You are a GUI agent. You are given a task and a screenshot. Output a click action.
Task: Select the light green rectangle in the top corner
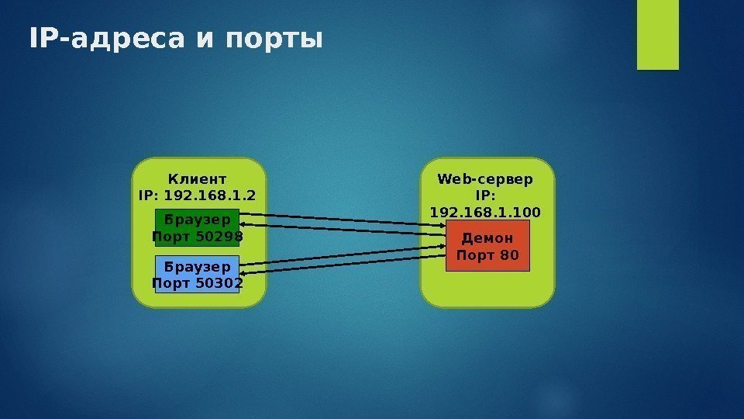pyautogui.click(x=657, y=34)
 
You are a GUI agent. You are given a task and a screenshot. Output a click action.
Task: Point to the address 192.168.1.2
pyautogui.click(x=208, y=195)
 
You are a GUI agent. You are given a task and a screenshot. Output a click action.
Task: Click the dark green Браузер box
pyautogui.click(x=198, y=227)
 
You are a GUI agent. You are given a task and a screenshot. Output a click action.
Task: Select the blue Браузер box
pyautogui.click(x=198, y=274)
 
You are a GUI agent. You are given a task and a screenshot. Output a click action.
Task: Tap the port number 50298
pyautogui.click(x=218, y=236)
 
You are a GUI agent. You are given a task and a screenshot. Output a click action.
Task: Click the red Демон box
pyautogui.click(x=487, y=245)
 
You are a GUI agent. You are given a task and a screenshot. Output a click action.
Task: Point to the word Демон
pyautogui.click(x=487, y=238)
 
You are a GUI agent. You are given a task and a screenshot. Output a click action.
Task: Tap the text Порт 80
pyautogui.click(x=487, y=255)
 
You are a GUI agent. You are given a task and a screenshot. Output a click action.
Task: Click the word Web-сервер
pyautogui.click(x=486, y=179)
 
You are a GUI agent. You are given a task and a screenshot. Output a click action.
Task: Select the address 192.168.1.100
pyautogui.click(x=486, y=212)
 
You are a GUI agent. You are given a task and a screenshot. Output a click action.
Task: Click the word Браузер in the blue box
pyautogui.click(x=198, y=266)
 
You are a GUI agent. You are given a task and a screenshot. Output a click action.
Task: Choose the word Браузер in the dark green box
pyautogui.click(x=198, y=220)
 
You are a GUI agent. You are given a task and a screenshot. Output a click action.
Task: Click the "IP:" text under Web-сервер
pyautogui.click(x=486, y=196)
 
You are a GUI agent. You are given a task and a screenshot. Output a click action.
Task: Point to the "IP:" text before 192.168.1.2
pyautogui.click(x=148, y=195)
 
